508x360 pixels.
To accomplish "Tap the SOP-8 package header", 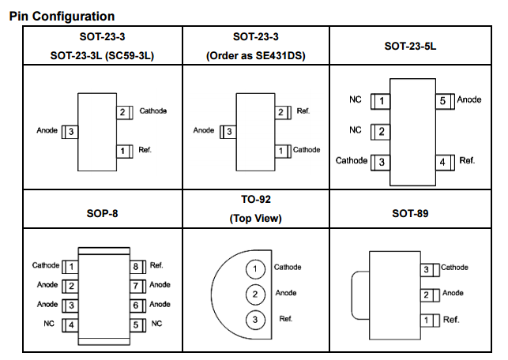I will [x=103, y=214].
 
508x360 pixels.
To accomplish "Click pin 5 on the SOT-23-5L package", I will [x=443, y=100].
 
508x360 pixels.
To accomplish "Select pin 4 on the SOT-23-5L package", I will [x=443, y=162].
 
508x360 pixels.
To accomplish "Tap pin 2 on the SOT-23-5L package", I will [x=382, y=131].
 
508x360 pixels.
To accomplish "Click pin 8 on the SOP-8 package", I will [x=135, y=266].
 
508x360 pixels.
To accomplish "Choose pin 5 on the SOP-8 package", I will [x=135, y=324].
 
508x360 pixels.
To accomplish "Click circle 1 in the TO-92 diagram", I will [x=255, y=269].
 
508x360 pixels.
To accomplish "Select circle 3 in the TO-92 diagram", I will [x=255, y=319].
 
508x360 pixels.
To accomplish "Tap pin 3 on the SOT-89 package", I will [x=427, y=270].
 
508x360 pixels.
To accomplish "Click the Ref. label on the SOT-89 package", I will [x=451, y=320].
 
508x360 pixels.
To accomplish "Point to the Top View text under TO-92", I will [x=255, y=219].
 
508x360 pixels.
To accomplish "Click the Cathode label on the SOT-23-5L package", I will [x=352, y=161].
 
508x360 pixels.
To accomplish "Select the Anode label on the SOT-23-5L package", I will [x=469, y=100].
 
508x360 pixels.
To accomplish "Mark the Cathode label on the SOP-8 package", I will [x=46, y=266].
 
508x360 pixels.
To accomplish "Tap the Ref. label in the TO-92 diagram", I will [x=286, y=319].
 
